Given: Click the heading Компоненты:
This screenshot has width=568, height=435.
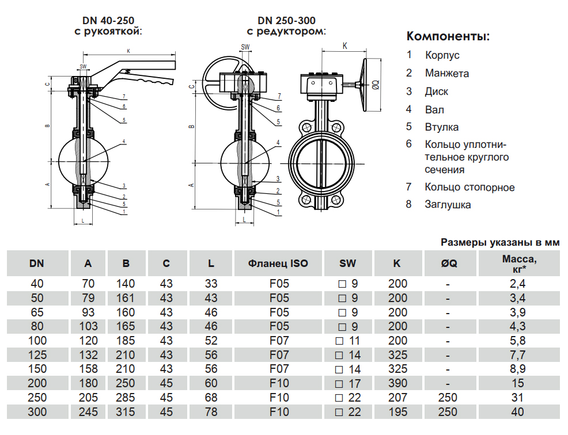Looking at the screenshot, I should pos(448,37).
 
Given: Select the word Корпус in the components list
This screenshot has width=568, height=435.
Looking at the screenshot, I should pos(442,56).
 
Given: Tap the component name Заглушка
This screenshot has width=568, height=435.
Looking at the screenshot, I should pos(448,204).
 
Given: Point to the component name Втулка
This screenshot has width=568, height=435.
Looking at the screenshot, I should pos(442,127).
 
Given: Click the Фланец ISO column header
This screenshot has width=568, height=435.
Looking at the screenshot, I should pos(278,264).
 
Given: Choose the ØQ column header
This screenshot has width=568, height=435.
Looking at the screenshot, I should pos(448,264).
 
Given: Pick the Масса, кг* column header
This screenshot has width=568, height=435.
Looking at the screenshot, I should pos(518,264).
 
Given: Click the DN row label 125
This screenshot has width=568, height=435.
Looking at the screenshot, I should pos(37,355).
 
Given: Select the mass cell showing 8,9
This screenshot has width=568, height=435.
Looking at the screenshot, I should pos(518,369).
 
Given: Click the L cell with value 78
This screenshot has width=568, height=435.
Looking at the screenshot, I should pos(211,412).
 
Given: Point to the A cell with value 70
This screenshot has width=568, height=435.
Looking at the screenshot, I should pos(88,284).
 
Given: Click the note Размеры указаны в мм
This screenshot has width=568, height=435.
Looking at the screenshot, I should pos(499,243).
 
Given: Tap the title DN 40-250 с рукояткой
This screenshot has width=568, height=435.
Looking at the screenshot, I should pos(108,25).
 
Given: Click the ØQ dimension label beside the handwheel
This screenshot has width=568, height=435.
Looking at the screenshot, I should pos(374,85).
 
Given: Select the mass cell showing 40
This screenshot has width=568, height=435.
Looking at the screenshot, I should pos(518,412).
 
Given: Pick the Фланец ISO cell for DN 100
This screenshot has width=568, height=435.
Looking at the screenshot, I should pos(279,341).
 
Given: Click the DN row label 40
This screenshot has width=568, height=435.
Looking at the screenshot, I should pos(37,284).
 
